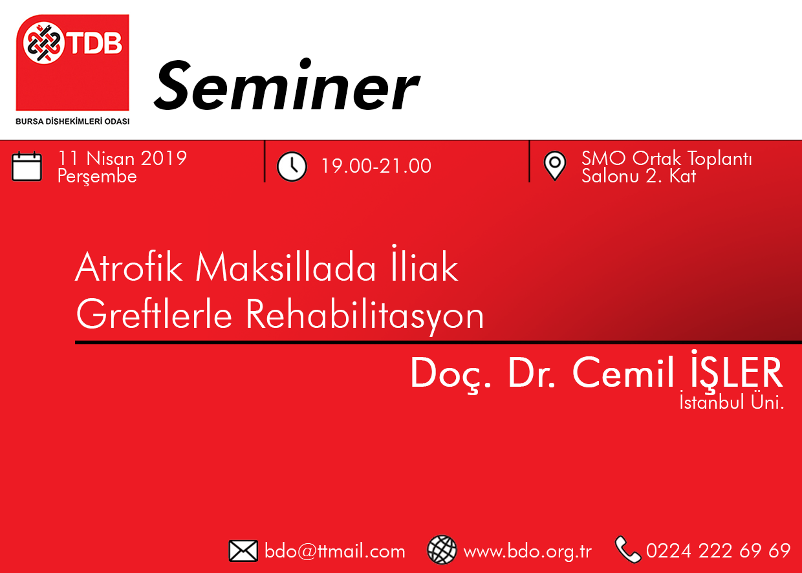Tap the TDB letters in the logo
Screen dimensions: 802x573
pos(95,43)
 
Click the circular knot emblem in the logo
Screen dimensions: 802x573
pos(43,43)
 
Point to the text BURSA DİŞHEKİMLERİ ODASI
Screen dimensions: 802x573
pos(72,122)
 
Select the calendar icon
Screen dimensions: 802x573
pos(27,166)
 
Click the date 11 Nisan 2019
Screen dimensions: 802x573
pos(122,158)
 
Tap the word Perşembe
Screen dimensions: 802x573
pos(97,177)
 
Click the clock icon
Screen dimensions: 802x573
pos(292,167)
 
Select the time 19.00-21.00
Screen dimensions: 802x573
pos(376,166)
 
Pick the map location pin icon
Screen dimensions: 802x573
pos(554,166)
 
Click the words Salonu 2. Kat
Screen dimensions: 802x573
pos(639,176)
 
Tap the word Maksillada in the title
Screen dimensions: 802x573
pos(285,267)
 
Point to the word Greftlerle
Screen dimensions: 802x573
pos(155,314)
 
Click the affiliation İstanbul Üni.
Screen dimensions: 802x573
pos(732,402)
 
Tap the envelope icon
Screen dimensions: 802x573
pos(243,551)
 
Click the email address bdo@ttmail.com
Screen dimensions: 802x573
pos(335,551)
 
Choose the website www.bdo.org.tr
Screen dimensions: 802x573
pos(527,552)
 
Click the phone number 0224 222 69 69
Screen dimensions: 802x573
pos(718,551)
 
